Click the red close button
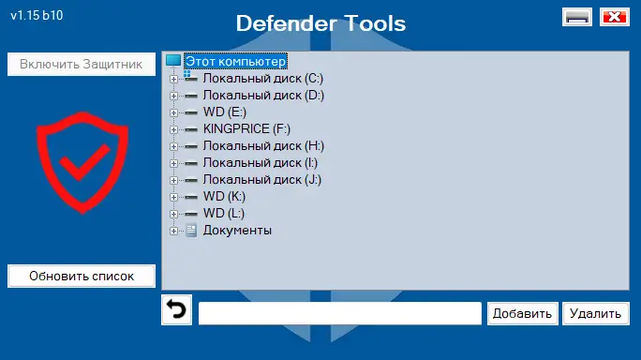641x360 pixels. pyautogui.click(x=614, y=17)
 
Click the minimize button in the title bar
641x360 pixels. pyautogui.click(x=576, y=17)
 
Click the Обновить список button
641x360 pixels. pyautogui.click(x=82, y=276)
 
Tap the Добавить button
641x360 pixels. pyautogui.click(x=523, y=313)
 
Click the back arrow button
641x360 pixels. pyautogui.click(x=176, y=310)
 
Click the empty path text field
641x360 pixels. pyautogui.click(x=339, y=313)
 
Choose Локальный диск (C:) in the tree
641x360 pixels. pyautogui.click(x=262, y=78)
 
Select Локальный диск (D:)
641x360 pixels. pyautogui.click(x=262, y=95)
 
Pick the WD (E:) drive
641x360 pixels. pyautogui.click(x=224, y=112)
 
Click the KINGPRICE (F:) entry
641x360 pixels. pyautogui.click(x=246, y=128)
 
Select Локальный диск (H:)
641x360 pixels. pyautogui.click(x=262, y=145)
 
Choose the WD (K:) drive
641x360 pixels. pyautogui.click(x=224, y=196)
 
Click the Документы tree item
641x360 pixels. pyautogui.click(x=237, y=230)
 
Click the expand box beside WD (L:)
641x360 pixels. pyautogui.click(x=173, y=213)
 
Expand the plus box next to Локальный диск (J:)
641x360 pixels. pyautogui.click(x=173, y=179)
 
